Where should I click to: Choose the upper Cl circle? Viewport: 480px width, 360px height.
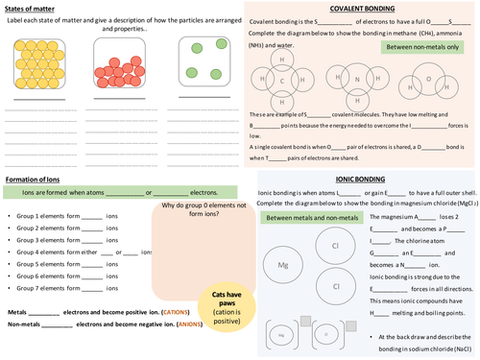click(x=337, y=245)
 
